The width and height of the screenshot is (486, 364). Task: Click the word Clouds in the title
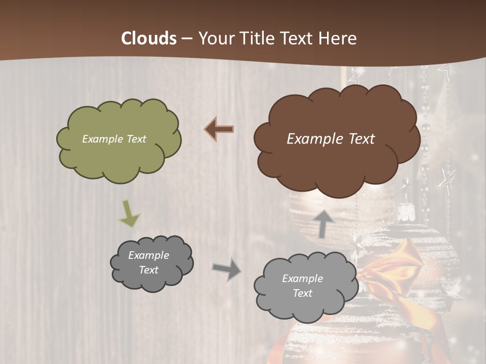[x=149, y=38]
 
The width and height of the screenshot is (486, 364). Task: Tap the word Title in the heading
[x=258, y=38]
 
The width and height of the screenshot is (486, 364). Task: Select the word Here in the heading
[x=338, y=38]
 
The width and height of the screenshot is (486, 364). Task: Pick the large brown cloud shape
[x=337, y=162]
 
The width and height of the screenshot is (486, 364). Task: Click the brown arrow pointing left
[x=219, y=129]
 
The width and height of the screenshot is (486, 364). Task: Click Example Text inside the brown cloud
[x=331, y=139]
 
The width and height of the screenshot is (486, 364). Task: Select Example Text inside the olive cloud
[x=114, y=139]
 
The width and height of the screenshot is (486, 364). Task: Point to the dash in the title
[x=187, y=39]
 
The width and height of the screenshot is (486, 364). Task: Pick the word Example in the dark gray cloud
[x=148, y=255]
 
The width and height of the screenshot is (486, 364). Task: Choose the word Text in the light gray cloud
[x=302, y=293]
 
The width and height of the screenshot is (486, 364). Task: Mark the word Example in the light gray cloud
[x=302, y=279]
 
